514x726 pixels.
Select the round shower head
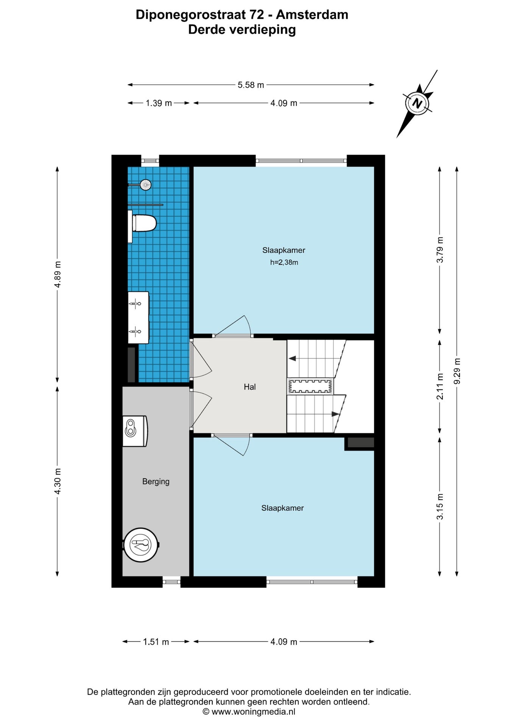[x=145, y=185]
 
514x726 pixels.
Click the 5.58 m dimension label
[x=251, y=85]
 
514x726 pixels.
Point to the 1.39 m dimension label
[x=159, y=103]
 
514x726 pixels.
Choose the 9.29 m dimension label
[x=457, y=371]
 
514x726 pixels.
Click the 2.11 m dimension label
[x=440, y=386]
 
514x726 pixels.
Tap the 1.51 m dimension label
[x=156, y=642]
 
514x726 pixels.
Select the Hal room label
[x=250, y=387]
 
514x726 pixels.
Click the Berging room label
[x=156, y=481]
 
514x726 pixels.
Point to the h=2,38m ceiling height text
[x=284, y=262]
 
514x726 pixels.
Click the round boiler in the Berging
[x=141, y=545]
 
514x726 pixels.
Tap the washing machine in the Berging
[x=135, y=431]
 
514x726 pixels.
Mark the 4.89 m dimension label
[x=58, y=275]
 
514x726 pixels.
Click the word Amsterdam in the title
[x=312, y=15]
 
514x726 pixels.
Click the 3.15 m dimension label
[x=440, y=507]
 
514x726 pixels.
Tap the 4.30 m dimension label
[x=58, y=481]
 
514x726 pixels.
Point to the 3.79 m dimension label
[x=440, y=250]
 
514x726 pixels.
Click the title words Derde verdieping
[x=242, y=29]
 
